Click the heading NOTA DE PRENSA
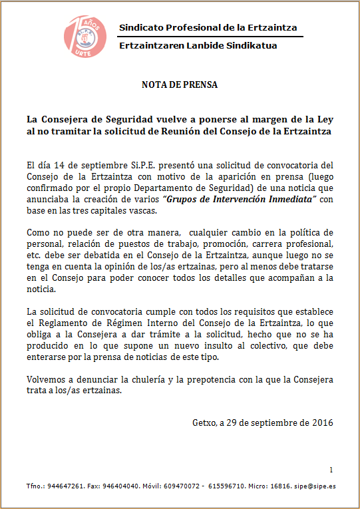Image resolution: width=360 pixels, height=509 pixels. click(x=180, y=85)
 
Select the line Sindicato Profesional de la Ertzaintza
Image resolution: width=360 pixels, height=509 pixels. click(x=208, y=27)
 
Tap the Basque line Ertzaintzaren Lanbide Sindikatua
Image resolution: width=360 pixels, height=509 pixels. click(x=198, y=45)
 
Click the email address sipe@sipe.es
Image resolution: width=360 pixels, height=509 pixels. click(x=317, y=486)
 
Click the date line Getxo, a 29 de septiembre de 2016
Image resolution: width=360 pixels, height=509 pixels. click(x=262, y=423)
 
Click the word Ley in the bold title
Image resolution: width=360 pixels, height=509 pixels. click(x=324, y=120)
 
